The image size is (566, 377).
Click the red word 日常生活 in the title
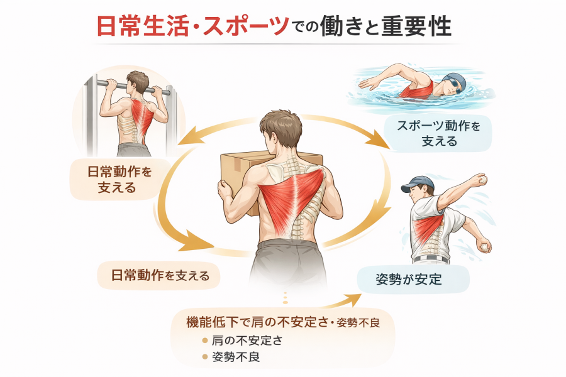point(143,26)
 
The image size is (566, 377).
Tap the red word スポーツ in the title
point(246,26)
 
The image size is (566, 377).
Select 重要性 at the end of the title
point(416,26)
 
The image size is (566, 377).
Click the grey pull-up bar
point(133,87)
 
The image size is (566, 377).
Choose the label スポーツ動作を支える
point(438,133)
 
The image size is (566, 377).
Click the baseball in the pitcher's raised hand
point(482,179)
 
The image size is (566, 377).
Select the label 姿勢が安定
point(409,279)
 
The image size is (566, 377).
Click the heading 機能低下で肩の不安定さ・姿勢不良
point(283,322)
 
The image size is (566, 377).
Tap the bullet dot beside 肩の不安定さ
point(205,340)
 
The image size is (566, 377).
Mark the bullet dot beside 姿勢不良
point(205,357)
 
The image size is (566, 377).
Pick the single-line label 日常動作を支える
point(160,276)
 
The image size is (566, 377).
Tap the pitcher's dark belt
point(431,259)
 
